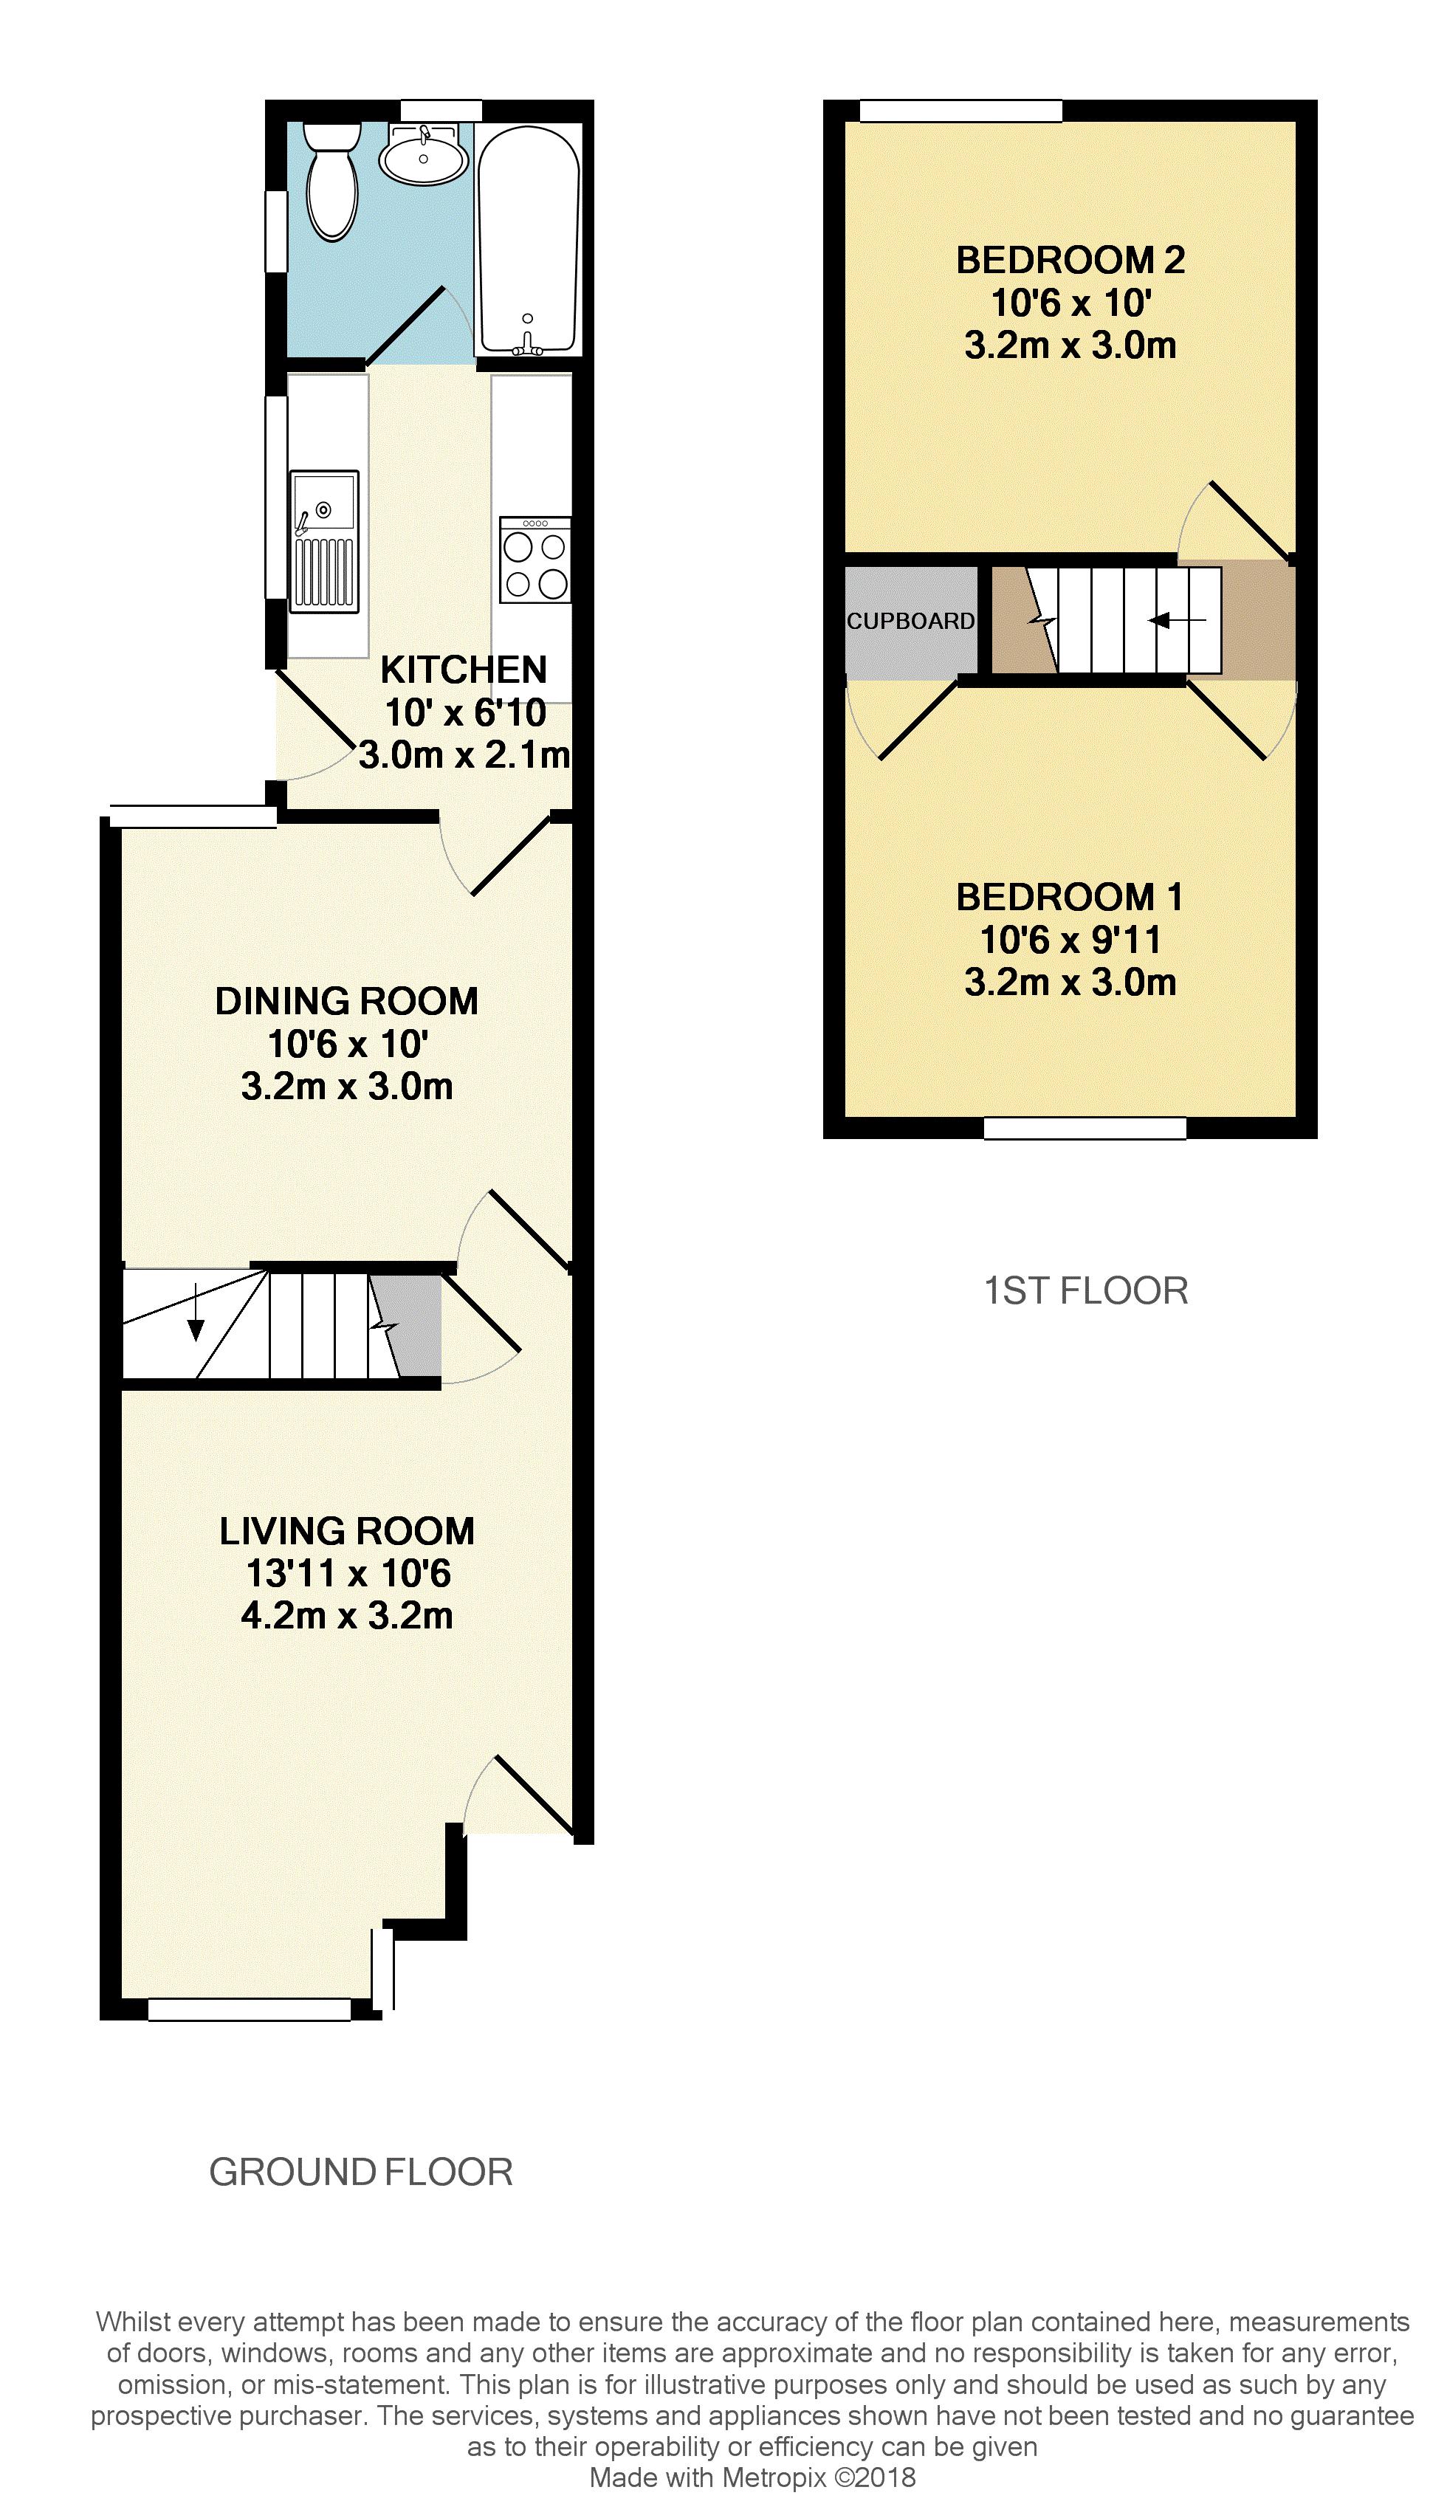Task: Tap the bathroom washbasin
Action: pyautogui.click(x=425, y=154)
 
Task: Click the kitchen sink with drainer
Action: pyautogui.click(x=324, y=542)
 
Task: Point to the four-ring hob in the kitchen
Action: pyautogui.click(x=535, y=560)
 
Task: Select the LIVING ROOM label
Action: pyautogui.click(x=347, y=1531)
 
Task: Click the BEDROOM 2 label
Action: pyautogui.click(x=1070, y=261)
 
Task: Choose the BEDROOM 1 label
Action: pyautogui.click(x=1070, y=897)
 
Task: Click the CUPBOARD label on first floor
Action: pyautogui.click(x=910, y=621)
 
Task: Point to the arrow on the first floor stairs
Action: pyautogui.click(x=1177, y=621)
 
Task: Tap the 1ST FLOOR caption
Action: pyautogui.click(x=1085, y=1290)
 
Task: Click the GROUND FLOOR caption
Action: pyautogui.click(x=361, y=2173)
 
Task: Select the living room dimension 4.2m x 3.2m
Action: pyautogui.click(x=347, y=1616)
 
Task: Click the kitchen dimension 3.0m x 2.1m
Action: pyautogui.click(x=464, y=756)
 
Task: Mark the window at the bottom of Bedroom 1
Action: pyautogui.click(x=1085, y=1128)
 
